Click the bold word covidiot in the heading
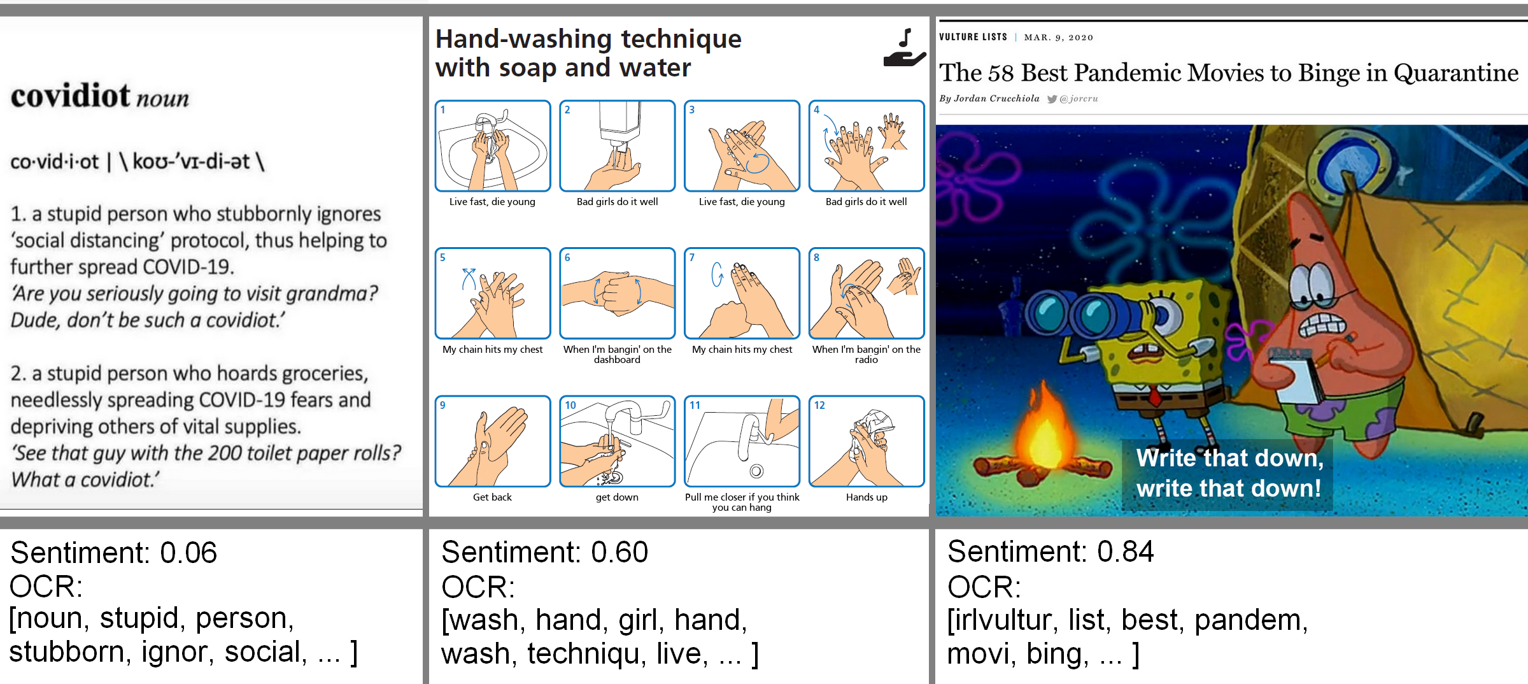click(x=70, y=96)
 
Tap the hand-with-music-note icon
click(x=904, y=48)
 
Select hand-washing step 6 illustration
click(x=617, y=293)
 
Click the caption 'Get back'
click(x=492, y=497)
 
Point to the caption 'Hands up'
click(x=867, y=497)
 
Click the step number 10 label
click(x=570, y=405)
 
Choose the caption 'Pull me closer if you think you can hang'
click(x=742, y=502)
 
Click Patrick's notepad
click(x=1296, y=376)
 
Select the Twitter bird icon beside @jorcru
click(x=1052, y=99)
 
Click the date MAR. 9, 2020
click(x=1058, y=38)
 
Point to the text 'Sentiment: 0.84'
click(x=1050, y=552)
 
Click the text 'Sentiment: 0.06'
click(x=114, y=552)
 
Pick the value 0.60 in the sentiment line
click(x=619, y=552)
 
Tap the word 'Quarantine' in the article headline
click(x=1456, y=73)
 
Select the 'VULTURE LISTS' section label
click(x=973, y=37)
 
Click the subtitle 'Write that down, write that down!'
click(x=1229, y=473)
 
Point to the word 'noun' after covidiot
click(x=162, y=99)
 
